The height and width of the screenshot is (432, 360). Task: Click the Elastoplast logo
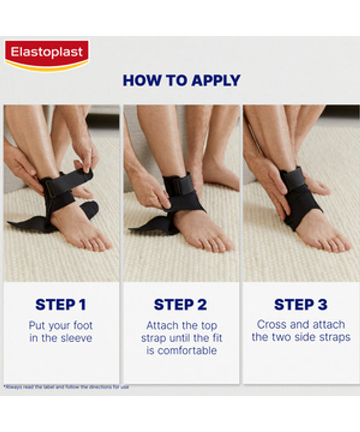tap(47, 55)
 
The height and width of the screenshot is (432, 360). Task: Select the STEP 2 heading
tap(180, 305)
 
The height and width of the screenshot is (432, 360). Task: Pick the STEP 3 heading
tap(300, 305)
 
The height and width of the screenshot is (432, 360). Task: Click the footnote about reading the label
tap(66, 387)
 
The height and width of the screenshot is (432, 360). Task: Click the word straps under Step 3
tap(335, 338)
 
